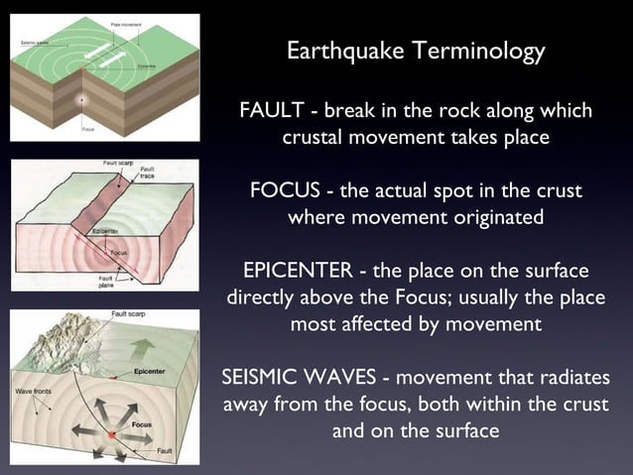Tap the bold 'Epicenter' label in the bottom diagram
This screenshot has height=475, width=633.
[x=149, y=372]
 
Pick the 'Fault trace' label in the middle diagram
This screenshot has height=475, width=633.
[x=147, y=173]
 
